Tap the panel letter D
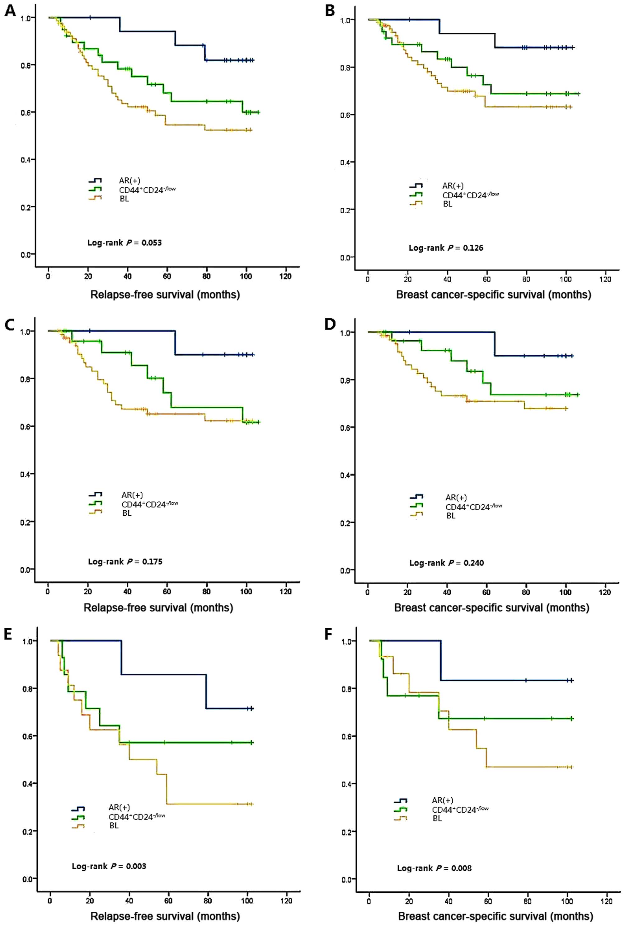330,325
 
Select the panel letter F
329,634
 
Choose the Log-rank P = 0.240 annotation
447,563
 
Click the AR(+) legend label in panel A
129,181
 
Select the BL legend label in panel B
447,204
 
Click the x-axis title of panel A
165,295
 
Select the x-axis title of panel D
491,608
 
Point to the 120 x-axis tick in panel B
605,279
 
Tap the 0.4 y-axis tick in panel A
26,160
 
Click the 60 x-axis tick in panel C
167,592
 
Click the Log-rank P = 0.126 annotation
446,248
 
